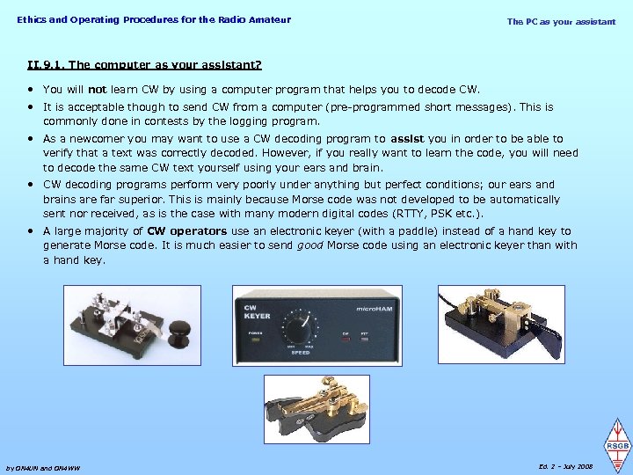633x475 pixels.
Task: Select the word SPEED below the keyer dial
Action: point(300,354)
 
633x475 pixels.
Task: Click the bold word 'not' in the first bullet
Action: point(98,89)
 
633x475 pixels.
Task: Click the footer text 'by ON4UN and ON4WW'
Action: point(42,468)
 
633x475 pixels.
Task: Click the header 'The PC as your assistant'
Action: point(561,21)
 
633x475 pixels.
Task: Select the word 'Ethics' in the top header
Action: point(32,19)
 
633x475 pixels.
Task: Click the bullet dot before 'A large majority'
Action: point(31,231)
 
